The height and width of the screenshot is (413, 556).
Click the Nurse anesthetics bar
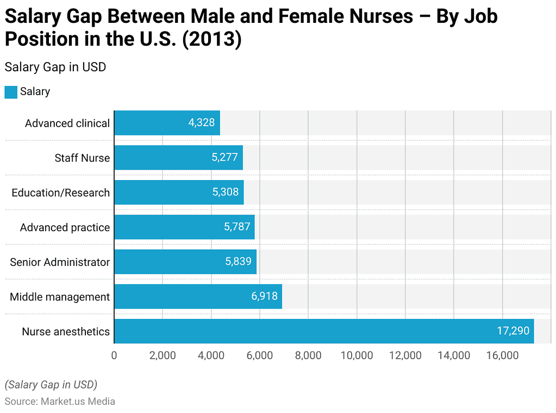click(324, 331)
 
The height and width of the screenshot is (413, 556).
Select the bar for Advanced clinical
click(167, 123)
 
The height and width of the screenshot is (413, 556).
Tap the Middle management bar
click(198, 297)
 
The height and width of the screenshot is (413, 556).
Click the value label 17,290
click(513, 331)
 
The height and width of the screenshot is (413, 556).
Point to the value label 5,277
click(224, 158)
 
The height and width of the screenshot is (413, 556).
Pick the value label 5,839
click(238, 262)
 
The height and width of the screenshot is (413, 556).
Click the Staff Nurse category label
click(82, 158)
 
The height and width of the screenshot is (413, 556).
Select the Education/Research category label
click(60, 193)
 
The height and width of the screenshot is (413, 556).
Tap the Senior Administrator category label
click(60, 262)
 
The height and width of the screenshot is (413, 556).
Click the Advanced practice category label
click(65, 227)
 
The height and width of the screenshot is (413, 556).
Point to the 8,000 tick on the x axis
click(308, 355)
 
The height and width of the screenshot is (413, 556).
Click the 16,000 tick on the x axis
click(502, 355)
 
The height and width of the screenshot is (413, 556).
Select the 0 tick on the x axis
click(114, 355)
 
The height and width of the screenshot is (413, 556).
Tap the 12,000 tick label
click(405, 355)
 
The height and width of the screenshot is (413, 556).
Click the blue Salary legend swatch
click(11, 92)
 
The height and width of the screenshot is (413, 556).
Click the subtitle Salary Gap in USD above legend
click(55, 67)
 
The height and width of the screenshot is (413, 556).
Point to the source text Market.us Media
click(78, 402)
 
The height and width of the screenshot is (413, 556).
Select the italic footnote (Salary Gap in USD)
click(51, 385)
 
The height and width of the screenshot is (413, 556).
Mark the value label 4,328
click(202, 123)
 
